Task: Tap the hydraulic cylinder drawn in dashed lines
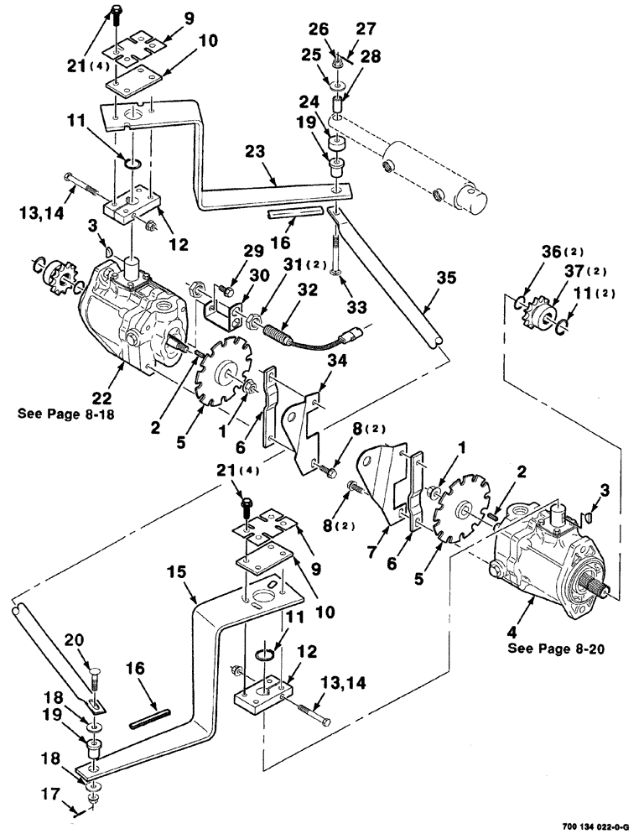[436, 172]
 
